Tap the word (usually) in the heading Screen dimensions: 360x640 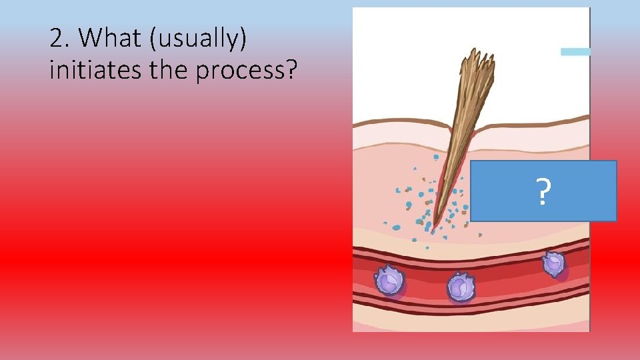(199, 40)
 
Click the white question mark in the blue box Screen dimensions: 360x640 (543, 192)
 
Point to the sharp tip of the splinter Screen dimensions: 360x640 (434, 227)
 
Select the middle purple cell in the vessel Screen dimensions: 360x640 (459, 287)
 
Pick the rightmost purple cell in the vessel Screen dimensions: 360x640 (553, 264)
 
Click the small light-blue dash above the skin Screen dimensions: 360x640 (575, 51)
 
